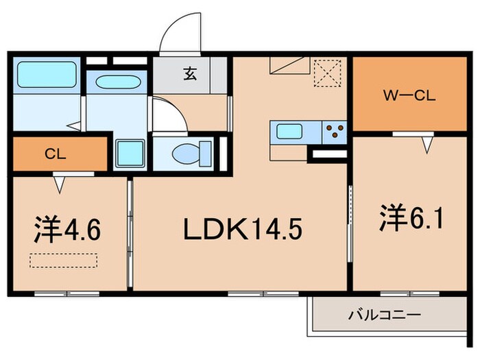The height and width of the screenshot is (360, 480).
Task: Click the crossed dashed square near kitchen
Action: click(x=326, y=73)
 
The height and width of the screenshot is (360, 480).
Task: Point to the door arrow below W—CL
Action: click(x=427, y=143)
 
